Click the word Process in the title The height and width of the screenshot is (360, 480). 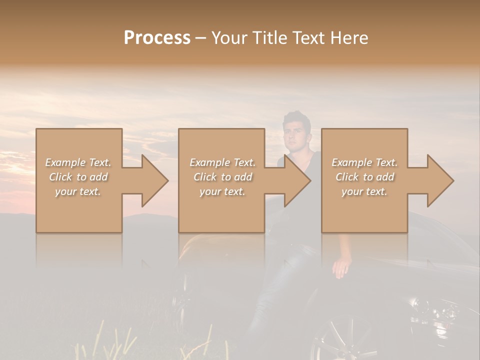[157, 37]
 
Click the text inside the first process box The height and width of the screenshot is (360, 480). [78, 177]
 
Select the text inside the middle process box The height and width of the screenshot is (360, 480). [222, 177]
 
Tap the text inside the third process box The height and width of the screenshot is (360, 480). [364, 177]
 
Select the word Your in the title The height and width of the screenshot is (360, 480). [227, 37]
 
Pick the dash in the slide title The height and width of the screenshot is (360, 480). [200, 38]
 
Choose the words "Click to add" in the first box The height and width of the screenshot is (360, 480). [78, 177]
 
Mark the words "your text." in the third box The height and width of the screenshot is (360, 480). [364, 191]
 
